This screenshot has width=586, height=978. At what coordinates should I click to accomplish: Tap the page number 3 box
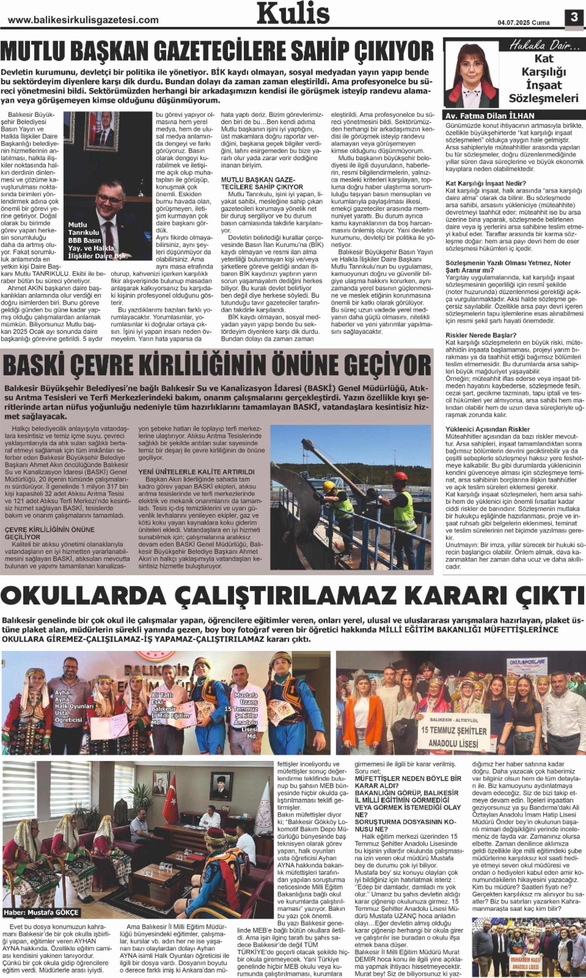(574, 17)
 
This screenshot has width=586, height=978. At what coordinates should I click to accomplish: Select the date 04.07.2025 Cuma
(523, 23)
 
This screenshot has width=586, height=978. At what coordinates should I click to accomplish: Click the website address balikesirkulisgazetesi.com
(83, 20)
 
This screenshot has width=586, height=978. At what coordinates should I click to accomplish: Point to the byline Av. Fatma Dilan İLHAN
(490, 116)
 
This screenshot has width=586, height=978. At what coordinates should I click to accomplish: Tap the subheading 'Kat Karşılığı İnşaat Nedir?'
(486, 183)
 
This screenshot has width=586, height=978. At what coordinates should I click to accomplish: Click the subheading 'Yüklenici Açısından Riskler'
(488, 429)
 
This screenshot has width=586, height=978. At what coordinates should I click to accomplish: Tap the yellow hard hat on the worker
(329, 487)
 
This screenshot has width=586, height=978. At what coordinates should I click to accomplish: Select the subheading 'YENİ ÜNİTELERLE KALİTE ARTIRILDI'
(196, 472)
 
